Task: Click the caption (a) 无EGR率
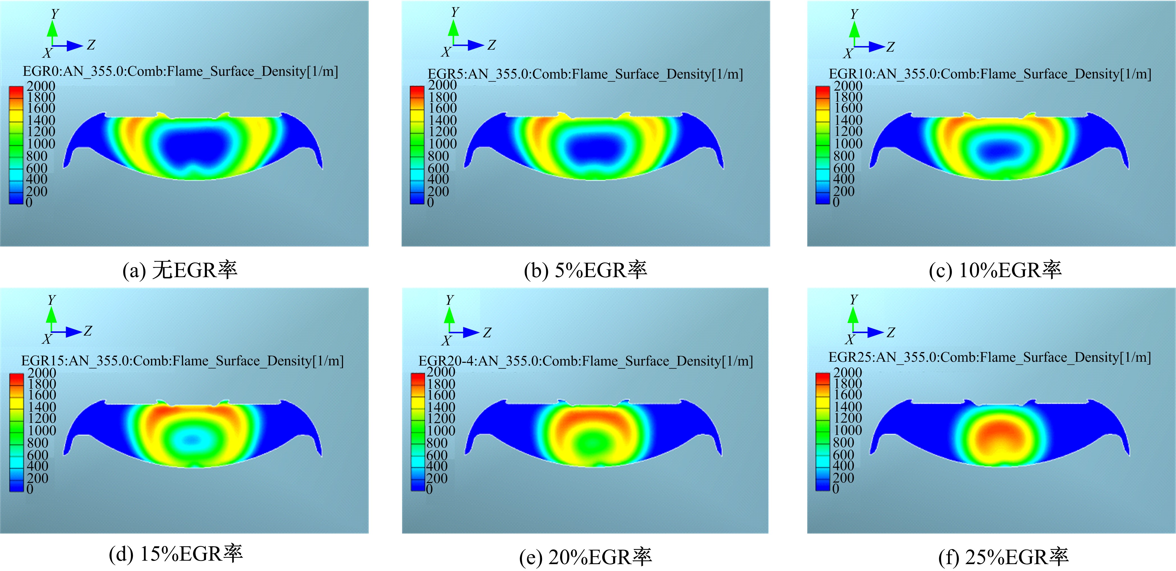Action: point(180,270)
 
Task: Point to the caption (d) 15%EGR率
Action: point(176,554)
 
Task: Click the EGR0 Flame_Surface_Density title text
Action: point(180,71)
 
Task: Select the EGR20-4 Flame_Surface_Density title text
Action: point(585,361)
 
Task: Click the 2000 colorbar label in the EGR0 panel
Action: point(41,86)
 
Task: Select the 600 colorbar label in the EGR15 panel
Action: point(37,455)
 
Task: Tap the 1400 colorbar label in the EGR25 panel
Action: point(848,406)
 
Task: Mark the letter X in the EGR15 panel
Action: point(47,339)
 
